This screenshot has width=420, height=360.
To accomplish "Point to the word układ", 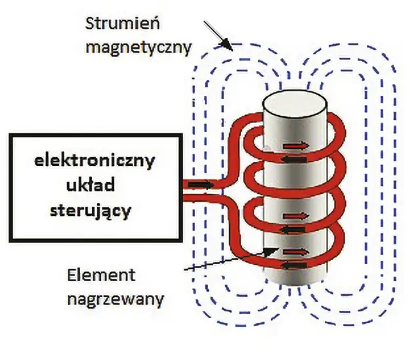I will pos(94,185).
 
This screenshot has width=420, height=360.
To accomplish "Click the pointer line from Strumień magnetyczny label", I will pos(219,37).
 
